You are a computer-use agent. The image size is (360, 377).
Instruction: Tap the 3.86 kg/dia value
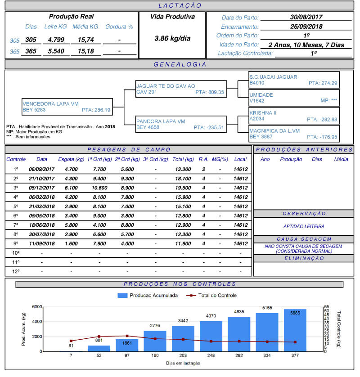pyautogui.click(x=172, y=38)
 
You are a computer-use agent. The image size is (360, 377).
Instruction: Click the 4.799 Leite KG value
pyautogui.click(x=57, y=40)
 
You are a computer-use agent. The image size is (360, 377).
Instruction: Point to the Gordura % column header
pyautogui.click(x=119, y=27)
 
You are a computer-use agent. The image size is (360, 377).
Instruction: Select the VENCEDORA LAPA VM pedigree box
pyautogui.click(x=66, y=107)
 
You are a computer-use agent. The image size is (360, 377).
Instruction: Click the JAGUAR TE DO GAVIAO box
pyautogui.click(x=180, y=89)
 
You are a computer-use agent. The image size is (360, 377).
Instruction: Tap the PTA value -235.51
pyautogui.click(x=209, y=127)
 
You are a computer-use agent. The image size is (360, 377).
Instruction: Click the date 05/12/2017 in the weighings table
pyautogui.click(x=42, y=188)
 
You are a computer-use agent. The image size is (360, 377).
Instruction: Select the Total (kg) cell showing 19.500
pyautogui.click(x=183, y=188)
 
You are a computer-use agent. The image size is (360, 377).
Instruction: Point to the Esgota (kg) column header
pyautogui.click(x=71, y=159)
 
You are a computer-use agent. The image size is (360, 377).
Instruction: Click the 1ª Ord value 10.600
pyautogui.click(x=99, y=188)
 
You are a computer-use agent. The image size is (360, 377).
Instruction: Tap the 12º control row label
pyautogui.click(x=16, y=271)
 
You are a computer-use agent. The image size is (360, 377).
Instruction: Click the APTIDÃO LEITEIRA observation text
pyautogui.click(x=304, y=226)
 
